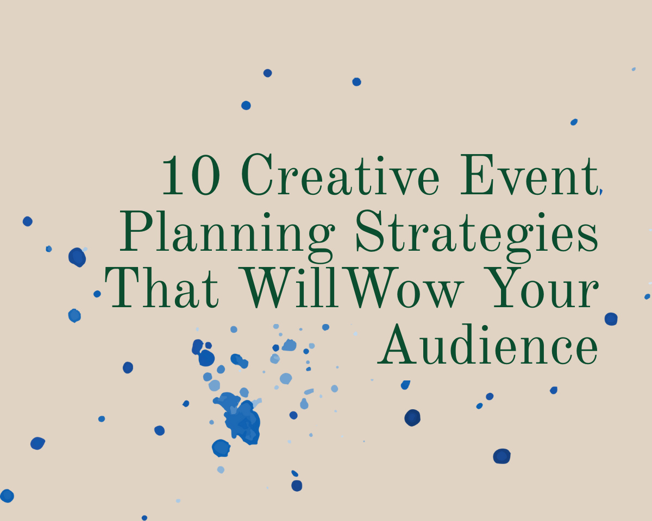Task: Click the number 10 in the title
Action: [x=190, y=175]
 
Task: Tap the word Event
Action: [x=528, y=175]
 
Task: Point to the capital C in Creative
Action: [x=258, y=175]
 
